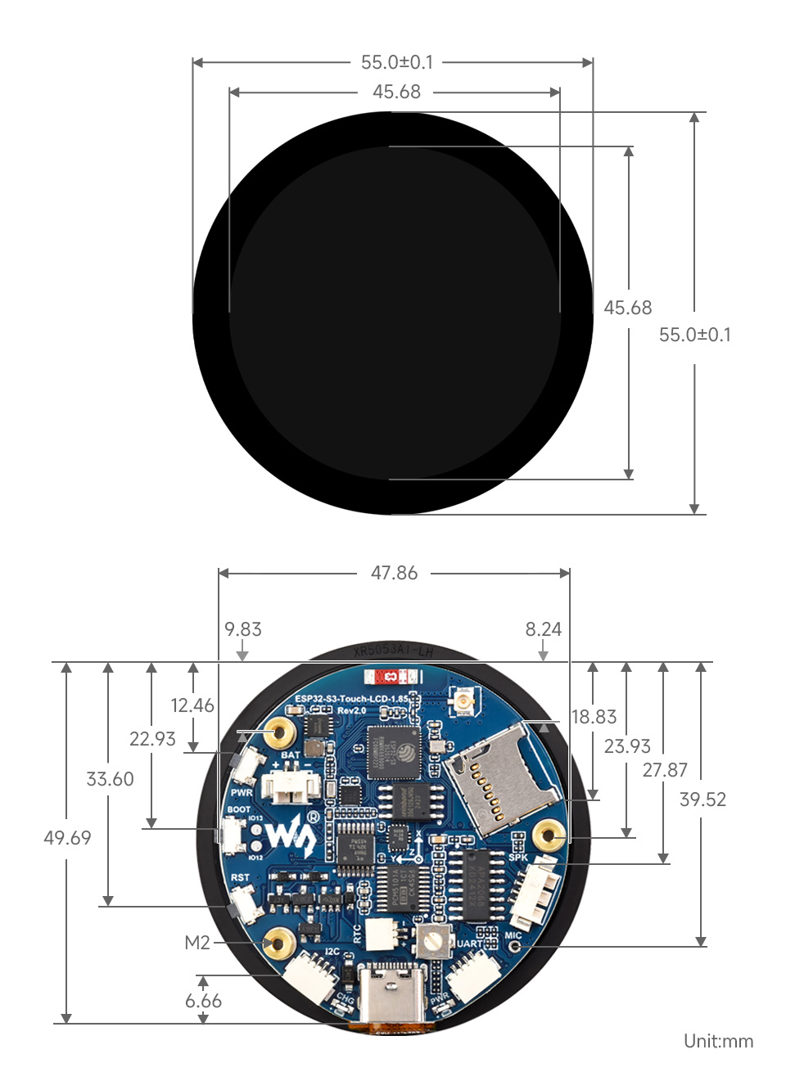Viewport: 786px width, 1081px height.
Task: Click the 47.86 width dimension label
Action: [x=394, y=573]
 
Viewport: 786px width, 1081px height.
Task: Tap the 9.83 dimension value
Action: [x=243, y=629]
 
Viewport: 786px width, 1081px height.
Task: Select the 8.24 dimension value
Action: [x=544, y=629]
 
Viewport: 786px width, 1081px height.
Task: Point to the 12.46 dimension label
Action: [x=192, y=705]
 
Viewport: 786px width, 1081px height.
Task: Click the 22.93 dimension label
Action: [x=152, y=739]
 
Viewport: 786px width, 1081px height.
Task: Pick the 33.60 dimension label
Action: [x=110, y=779]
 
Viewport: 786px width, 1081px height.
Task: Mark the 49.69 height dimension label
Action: [x=67, y=838]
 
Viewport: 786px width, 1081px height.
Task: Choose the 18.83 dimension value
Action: [x=594, y=717]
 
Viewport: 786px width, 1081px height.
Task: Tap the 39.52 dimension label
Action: [x=702, y=799]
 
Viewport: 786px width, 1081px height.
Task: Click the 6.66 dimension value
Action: [x=203, y=1001]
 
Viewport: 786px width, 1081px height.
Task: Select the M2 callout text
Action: [x=196, y=943]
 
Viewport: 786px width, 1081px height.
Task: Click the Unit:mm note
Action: [x=718, y=1041]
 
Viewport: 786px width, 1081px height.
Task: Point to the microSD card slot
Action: [x=496, y=783]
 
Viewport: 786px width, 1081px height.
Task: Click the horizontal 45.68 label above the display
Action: [x=396, y=92]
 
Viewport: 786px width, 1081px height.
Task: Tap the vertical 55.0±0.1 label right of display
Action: [x=695, y=335]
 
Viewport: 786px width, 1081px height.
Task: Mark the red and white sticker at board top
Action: [x=393, y=677]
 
